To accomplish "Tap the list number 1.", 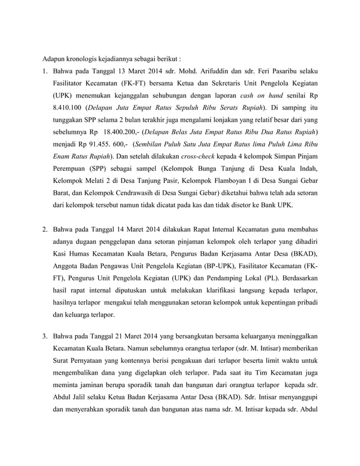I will tap(45, 73).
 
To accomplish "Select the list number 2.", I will tap(45, 230).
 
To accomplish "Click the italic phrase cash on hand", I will tap(260, 95).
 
